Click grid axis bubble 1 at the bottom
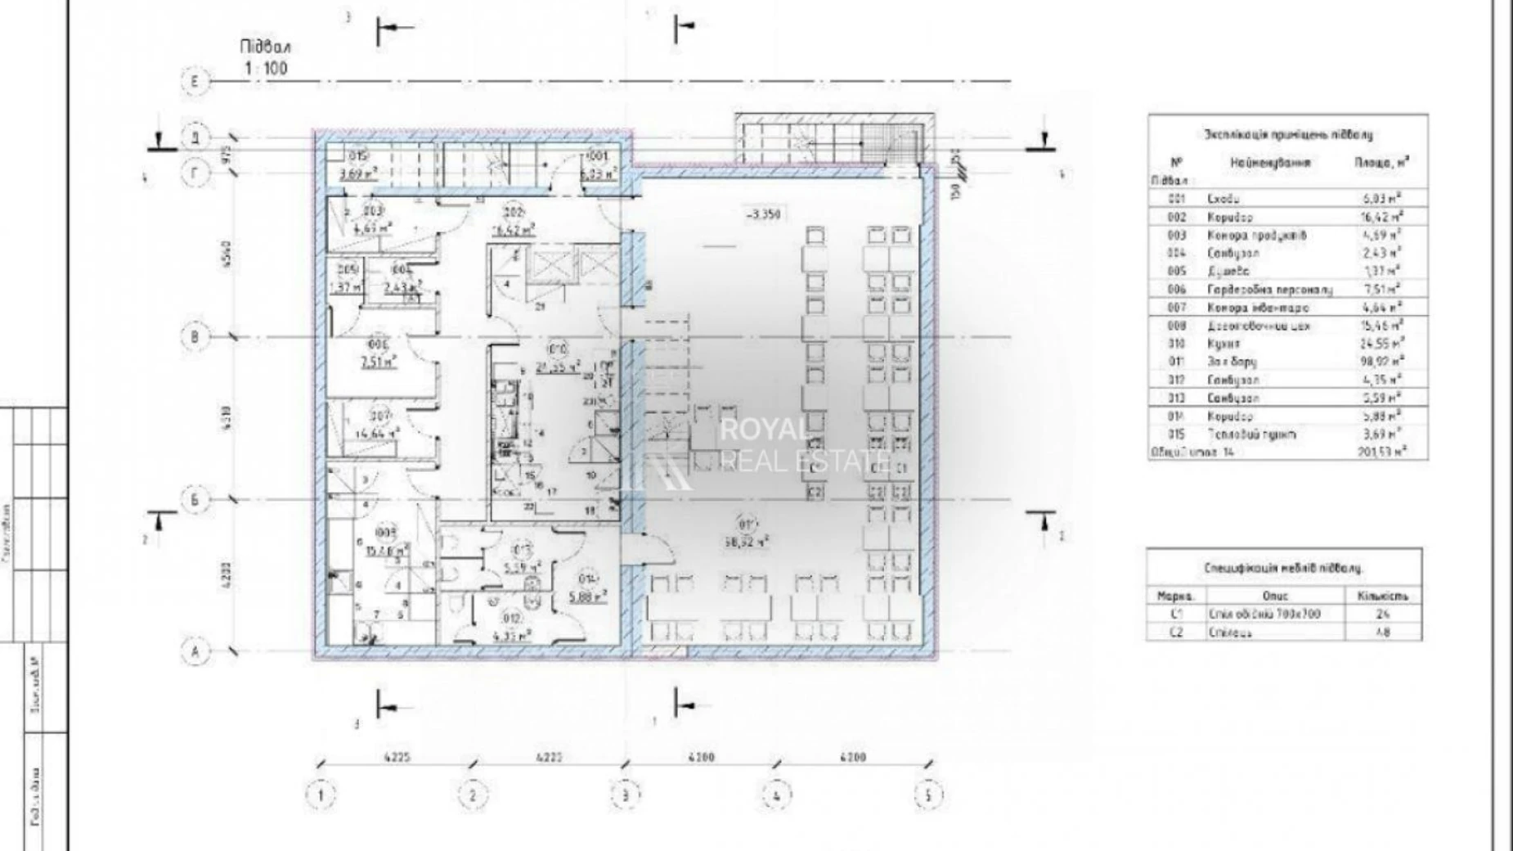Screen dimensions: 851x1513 click(x=321, y=795)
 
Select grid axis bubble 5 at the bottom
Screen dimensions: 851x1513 click(x=927, y=795)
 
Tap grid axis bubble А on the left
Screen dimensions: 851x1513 click(x=195, y=651)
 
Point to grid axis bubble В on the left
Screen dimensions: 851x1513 click(x=195, y=337)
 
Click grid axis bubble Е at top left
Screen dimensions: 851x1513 click(x=195, y=81)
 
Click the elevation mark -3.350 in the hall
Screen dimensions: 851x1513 click(x=762, y=215)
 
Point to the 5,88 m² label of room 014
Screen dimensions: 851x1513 click(x=588, y=596)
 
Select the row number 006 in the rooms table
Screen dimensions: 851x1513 click(x=1176, y=290)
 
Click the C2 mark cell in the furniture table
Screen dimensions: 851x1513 click(x=1176, y=633)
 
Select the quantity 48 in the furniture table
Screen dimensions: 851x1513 click(x=1383, y=633)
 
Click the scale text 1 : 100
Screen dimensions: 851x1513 click(x=267, y=68)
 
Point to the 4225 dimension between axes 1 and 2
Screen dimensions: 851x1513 click(x=395, y=758)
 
